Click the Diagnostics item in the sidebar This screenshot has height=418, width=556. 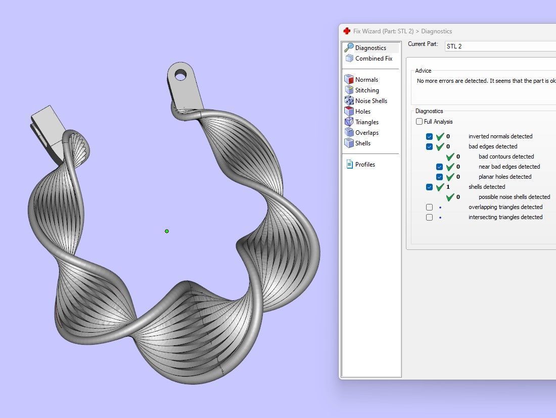click(x=370, y=48)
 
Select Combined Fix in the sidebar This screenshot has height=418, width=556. click(x=373, y=59)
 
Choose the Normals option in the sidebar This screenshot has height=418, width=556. click(x=366, y=80)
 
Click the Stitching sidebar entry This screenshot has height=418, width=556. click(x=366, y=90)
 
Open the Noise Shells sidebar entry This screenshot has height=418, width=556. click(x=370, y=101)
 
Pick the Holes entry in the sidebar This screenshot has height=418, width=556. click(x=362, y=112)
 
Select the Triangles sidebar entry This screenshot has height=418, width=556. click(x=366, y=122)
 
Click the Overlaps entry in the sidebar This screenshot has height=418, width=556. click(x=366, y=133)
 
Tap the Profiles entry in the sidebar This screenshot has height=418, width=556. click(x=364, y=165)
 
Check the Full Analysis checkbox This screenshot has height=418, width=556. click(x=419, y=122)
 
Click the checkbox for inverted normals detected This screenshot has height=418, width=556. click(x=429, y=136)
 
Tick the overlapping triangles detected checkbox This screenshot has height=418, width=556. click(x=429, y=207)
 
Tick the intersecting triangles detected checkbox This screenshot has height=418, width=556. click(x=429, y=217)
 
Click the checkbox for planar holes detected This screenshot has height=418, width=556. click(x=439, y=177)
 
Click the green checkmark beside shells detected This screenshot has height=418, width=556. click(x=440, y=187)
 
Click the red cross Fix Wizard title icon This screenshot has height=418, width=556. click(x=347, y=31)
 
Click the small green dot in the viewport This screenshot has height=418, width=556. click(x=167, y=231)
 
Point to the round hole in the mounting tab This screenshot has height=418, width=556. click(x=180, y=76)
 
